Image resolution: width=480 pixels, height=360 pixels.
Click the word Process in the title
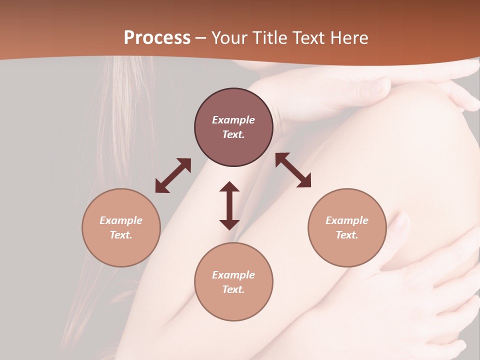pos(157,38)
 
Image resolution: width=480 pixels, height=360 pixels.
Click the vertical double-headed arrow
pos(229,205)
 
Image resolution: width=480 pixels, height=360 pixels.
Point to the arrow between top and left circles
pos(173,175)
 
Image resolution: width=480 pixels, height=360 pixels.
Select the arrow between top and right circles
pos(293,170)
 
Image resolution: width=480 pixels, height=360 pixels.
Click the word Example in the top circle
pos(233,120)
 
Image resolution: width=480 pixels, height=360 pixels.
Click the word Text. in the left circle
pos(121,235)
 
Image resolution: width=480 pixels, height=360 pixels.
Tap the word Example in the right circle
pos(347,220)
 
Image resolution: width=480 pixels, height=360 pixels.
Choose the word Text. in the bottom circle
pos(233,289)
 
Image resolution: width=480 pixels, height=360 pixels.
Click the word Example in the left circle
pos(121,220)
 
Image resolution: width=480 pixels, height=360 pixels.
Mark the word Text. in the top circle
pos(233,134)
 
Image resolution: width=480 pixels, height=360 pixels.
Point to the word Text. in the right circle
pos(347,235)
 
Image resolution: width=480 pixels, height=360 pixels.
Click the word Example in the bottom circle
pos(233,275)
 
